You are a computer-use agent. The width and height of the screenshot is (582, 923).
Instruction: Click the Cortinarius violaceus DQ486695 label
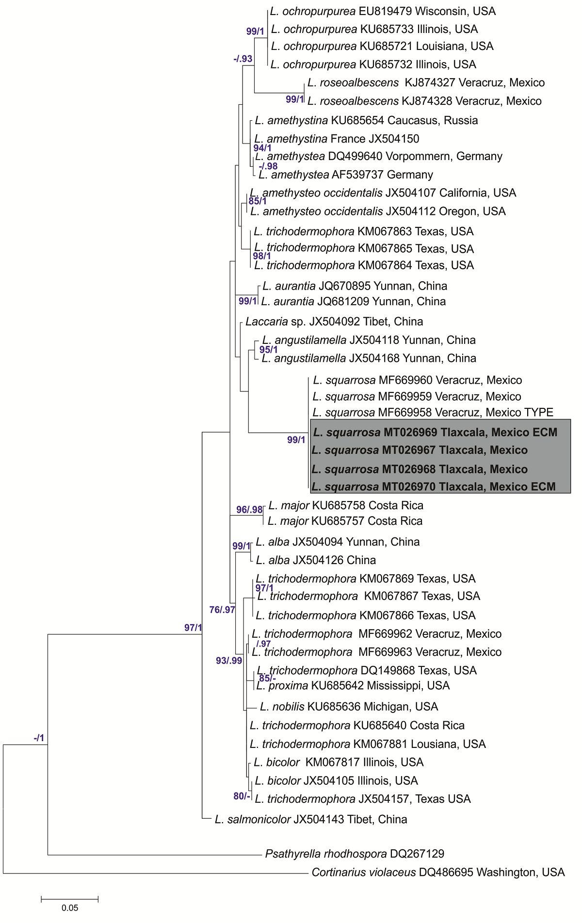coord(438,872)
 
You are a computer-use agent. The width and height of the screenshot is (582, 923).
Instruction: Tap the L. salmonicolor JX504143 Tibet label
coord(311,819)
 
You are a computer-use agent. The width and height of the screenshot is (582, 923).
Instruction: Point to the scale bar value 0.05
coord(70,908)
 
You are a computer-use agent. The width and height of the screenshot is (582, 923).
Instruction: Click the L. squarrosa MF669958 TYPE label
coord(433,412)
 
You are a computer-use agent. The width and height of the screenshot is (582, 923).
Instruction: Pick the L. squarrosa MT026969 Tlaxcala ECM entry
coord(435,432)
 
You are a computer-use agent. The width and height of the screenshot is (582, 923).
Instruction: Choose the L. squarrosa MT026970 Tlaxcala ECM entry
coord(434,486)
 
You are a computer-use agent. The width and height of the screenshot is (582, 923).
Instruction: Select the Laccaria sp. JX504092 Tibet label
coord(334,322)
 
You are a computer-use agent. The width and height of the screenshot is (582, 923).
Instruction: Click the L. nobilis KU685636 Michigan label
coord(349,707)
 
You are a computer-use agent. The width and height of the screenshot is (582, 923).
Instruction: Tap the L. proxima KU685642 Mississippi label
coord(353,685)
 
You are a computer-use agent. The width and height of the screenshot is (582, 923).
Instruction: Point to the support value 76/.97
coord(222,610)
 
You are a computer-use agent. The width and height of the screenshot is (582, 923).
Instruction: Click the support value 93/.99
coord(229,661)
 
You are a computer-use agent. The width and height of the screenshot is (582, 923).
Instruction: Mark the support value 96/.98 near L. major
coord(249,510)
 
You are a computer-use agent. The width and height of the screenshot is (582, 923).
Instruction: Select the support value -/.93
coord(242,59)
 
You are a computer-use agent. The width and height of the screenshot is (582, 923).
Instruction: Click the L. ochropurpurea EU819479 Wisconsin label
coord(383,11)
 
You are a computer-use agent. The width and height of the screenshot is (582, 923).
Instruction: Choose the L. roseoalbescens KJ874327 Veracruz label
coord(426,82)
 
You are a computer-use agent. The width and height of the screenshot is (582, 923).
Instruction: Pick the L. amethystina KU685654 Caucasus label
coord(366,120)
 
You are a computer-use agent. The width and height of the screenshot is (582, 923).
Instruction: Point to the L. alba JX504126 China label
coord(316,560)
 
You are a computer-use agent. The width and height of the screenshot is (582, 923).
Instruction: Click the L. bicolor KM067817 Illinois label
coord(339,762)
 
